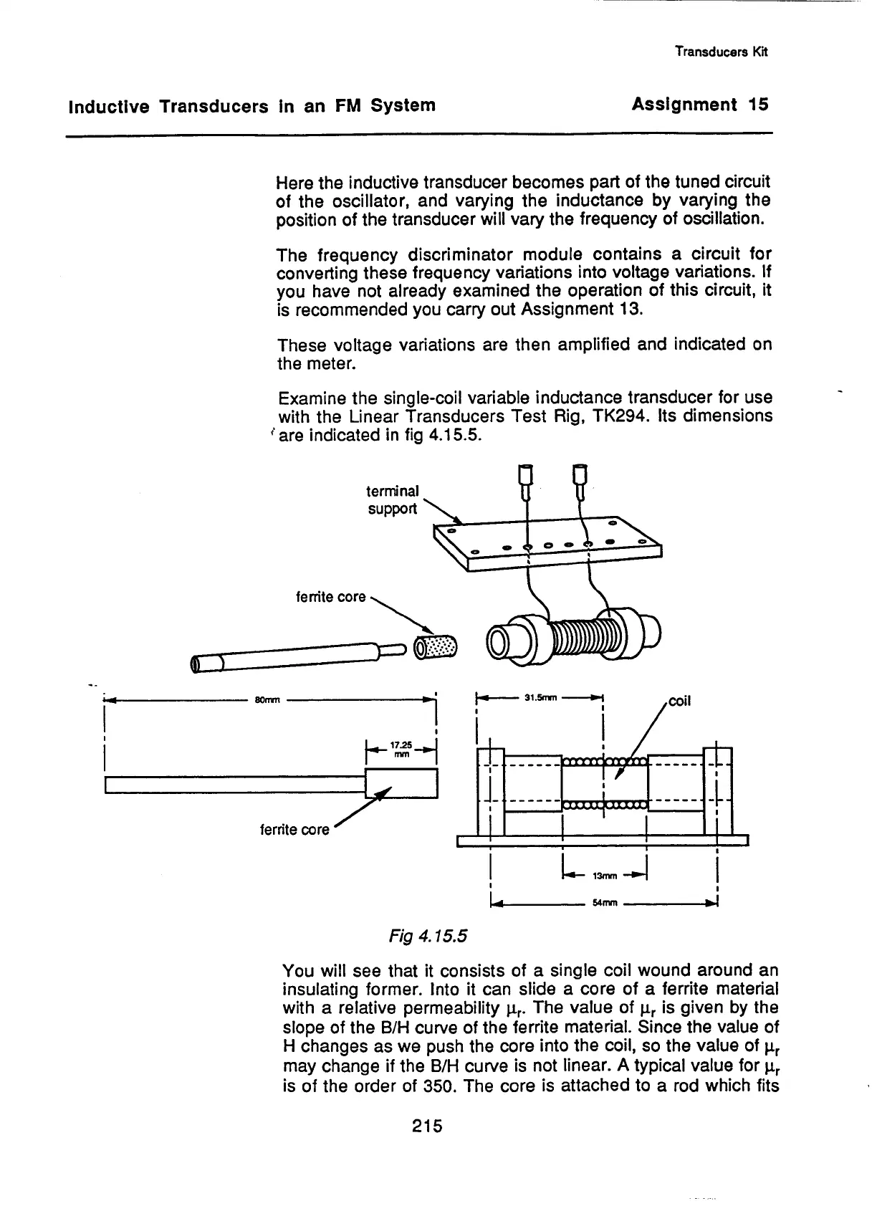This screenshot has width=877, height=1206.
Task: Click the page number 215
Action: pos(428,1126)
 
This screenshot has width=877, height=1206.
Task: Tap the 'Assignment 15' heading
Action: pos(699,105)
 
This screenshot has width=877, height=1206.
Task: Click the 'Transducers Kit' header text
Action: pos(722,52)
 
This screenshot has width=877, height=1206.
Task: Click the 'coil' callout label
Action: pos(680,702)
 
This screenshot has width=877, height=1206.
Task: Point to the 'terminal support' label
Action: pos(392,499)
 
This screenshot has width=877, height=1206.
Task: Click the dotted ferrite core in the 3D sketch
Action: pos(438,647)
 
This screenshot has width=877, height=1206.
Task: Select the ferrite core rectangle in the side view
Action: pos(401,783)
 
